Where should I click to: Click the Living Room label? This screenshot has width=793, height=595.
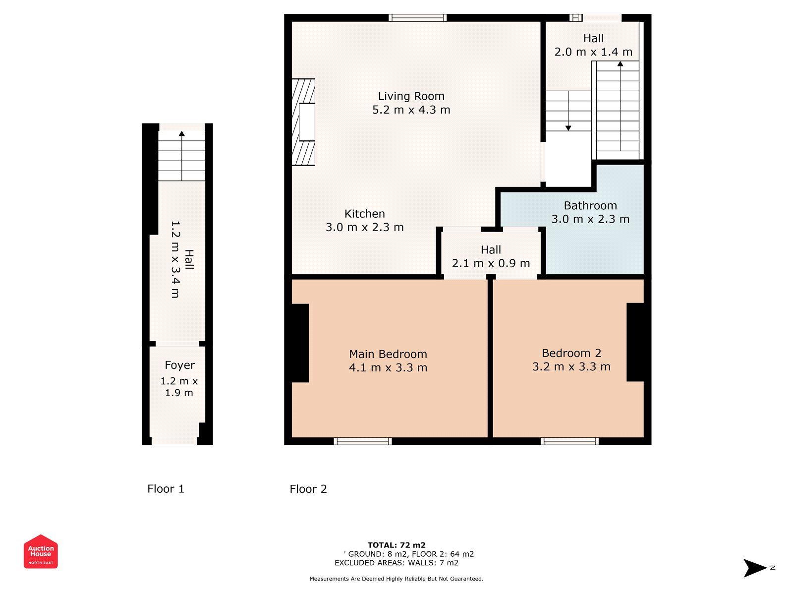[x=411, y=96]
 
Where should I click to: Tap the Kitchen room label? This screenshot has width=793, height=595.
[x=364, y=214]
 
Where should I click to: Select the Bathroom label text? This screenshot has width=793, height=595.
[x=590, y=206]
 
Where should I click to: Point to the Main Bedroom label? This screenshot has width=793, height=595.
[x=388, y=354]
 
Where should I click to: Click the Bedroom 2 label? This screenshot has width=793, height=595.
[x=571, y=353]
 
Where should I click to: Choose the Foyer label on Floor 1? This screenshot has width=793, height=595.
[x=179, y=365]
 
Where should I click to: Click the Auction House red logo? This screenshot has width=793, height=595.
[x=41, y=552]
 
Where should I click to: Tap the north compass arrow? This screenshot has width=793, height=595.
[x=755, y=568]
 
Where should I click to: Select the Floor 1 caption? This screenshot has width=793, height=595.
[x=166, y=489]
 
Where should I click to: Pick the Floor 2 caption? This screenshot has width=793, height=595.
[x=308, y=489]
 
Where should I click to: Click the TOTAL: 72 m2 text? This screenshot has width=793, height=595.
[x=396, y=545]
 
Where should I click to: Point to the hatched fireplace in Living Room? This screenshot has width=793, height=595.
[x=303, y=122]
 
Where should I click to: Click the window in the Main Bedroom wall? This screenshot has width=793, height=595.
[x=363, y=441]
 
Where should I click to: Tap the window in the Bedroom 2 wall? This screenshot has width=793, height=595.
[x=570, y=441]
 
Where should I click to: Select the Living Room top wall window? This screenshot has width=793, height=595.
[x=418, y=18]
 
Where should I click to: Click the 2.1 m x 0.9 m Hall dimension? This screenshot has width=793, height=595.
[x=491, y=263]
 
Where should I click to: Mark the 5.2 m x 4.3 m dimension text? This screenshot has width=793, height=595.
[x=411, y=110]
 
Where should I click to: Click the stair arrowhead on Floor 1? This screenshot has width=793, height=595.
[x=182, y=134]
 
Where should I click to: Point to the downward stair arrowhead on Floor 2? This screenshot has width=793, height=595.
[x=568, y=128]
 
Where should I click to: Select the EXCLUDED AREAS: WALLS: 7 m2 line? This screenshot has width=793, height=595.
[x=396, y=563]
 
